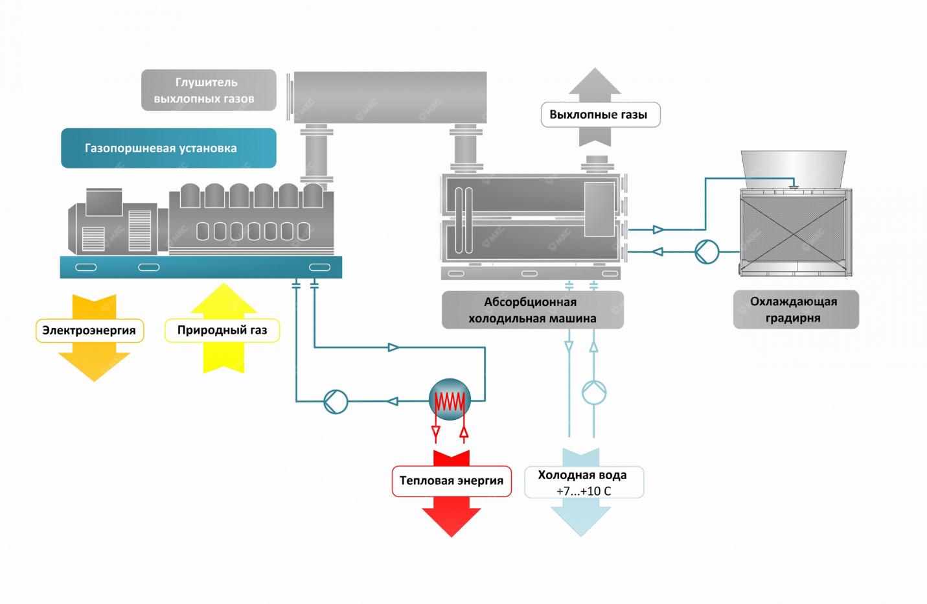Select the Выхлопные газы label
pos(600,115)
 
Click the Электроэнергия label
pos(89,331)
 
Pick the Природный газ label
pos(222,331)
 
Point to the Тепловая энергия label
pos(452,481)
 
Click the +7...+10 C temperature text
pos(584,491)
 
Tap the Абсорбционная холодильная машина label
pos(532,310)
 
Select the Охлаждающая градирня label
pos(795,310)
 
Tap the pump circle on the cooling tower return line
pos(707,251)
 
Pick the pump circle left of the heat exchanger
pos(336,402)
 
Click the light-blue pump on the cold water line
pos(594,391)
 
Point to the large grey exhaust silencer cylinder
pos(391,97)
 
